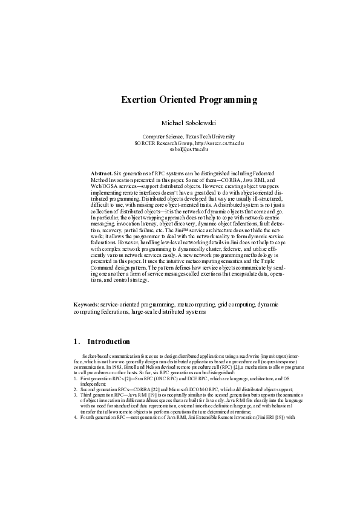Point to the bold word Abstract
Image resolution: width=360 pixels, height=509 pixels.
point(101,173)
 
